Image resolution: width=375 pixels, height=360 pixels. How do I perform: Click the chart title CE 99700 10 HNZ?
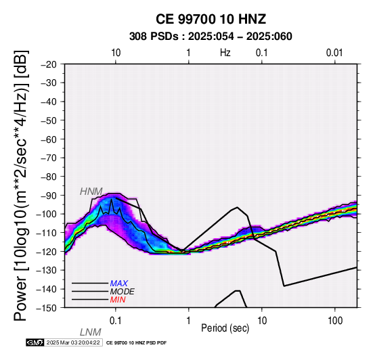tap(211, 19)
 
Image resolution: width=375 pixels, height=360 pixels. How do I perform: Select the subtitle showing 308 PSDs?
tap(211, 37)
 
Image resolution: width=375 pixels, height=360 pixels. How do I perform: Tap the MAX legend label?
tap(119, 284)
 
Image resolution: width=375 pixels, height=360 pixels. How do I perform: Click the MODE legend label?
tap(123, 292)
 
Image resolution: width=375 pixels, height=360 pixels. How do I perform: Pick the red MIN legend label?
tap(118, 300)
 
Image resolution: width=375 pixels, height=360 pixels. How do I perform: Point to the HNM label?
tap(91, 192)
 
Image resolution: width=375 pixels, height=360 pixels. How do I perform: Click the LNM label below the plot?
tap(91, 332)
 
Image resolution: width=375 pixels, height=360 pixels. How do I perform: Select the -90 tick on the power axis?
tap(49, 196)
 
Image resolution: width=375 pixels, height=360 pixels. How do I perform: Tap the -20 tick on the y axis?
tap(49, 64)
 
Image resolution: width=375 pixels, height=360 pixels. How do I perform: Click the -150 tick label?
tap(47, 308)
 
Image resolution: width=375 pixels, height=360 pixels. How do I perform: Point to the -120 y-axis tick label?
tap(47, 252)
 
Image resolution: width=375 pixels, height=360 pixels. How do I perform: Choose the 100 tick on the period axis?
tap(335, 321)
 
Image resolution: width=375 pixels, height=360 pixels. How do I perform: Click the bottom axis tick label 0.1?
tap(116, 321)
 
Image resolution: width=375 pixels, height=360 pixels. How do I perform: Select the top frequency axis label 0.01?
tap(334, 53)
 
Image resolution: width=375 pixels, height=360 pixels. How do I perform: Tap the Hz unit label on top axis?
tap(225, 53)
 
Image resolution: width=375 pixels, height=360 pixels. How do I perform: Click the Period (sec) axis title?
tap(225, 328)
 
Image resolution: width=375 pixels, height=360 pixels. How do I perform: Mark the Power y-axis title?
tap(20, 185)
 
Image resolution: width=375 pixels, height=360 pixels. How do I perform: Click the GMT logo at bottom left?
tap(35, 342)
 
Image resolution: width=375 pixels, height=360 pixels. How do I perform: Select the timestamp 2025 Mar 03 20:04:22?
tap(73, 342)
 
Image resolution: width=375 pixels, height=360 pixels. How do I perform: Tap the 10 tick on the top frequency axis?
tap(116, 53)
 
